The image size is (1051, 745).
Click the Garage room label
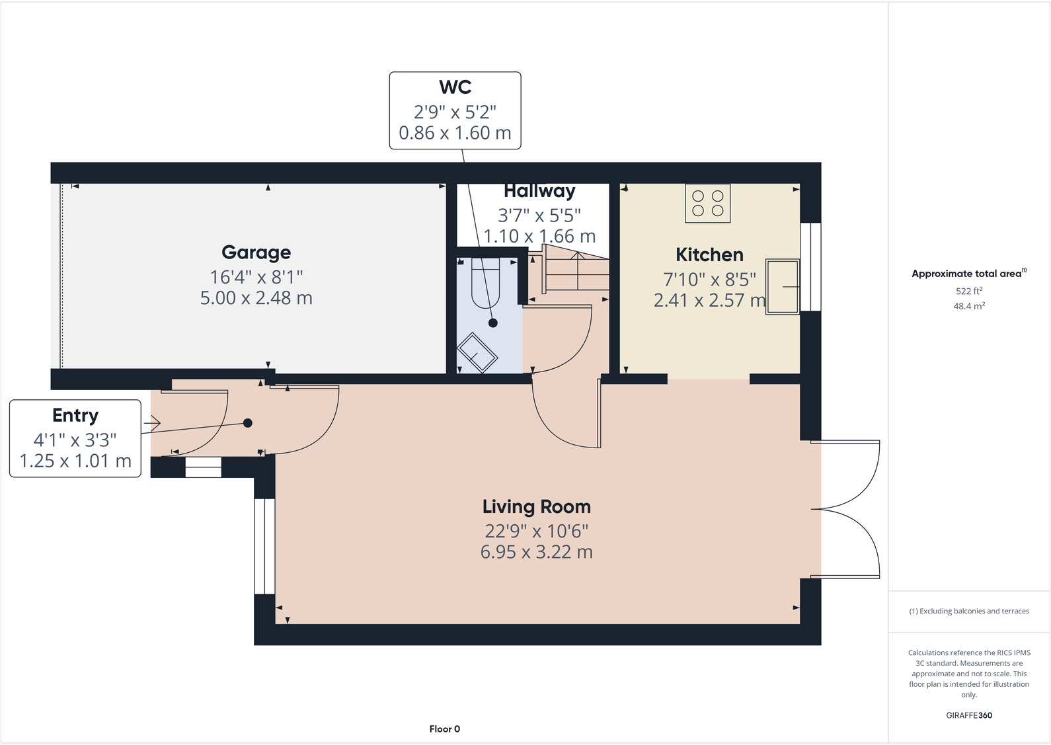point(256,253)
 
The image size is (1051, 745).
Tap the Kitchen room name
point(709,255)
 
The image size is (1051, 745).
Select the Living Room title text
point(536,507)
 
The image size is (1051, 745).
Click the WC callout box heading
point(455,87)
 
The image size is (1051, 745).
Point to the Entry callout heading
point(75,415)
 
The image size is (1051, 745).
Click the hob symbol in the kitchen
point(707,203)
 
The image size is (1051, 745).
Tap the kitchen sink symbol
point(783,286)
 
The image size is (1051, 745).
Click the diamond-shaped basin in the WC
point(477,353)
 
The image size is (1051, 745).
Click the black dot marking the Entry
point(248,423)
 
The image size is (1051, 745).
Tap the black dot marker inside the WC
point(493,323)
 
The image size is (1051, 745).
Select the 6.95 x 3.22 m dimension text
point(536,552)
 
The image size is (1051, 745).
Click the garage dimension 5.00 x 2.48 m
point(256,298)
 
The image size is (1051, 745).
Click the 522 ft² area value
point(968,291)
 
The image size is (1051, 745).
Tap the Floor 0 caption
point(444,729)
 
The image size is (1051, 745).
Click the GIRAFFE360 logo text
point(968,715)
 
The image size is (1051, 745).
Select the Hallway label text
point(539,192)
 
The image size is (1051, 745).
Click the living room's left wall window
point(264,546)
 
